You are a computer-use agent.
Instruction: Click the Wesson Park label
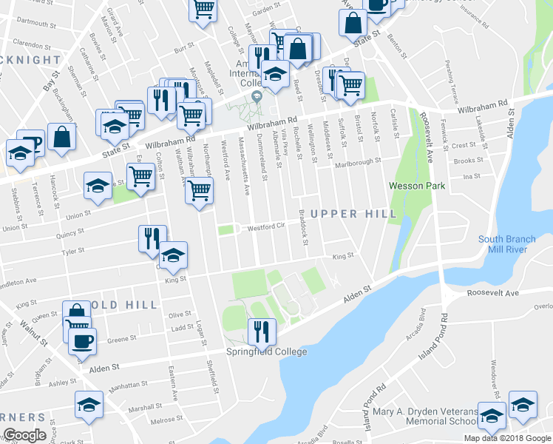pos(417,186)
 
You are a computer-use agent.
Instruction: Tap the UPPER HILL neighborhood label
pos(353,214)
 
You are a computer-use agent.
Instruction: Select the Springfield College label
pos(267,351)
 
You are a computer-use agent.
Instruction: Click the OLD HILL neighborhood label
pos(130,305)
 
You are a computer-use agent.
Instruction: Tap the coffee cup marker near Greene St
pos(81,341)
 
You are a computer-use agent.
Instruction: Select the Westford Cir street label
pos(265,226)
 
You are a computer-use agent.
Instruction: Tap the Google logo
pos(24,435)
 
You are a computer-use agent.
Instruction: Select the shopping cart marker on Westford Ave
pos(198,190)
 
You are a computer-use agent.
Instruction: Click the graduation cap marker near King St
pos(173,256)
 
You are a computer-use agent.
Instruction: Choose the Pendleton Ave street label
pos(18,283)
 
